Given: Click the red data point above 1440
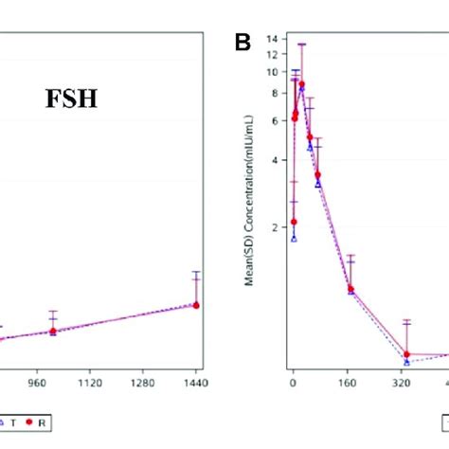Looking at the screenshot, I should [x=196, y=305].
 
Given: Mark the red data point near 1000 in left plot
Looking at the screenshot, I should [x=53, y=332].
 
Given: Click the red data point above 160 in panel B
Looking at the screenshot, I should [x=350, y=288].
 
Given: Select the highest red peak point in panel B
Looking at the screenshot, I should [x=301, y=84].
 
